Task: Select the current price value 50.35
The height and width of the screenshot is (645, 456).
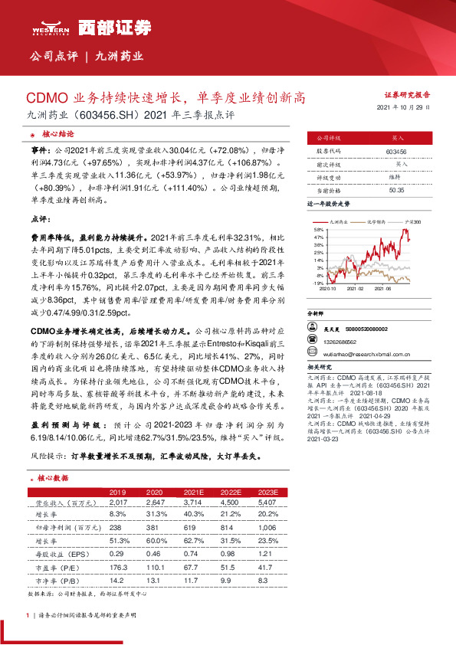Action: pyautogui.click(x=396, y=189)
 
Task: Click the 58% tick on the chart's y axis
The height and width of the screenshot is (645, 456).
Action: pyautogui.click(x=318, y=229)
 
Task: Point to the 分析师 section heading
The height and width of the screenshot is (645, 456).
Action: pyautogui.click(x=316, y=314)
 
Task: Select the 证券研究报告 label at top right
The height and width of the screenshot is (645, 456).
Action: pyautogui.click(x=406, y=94)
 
